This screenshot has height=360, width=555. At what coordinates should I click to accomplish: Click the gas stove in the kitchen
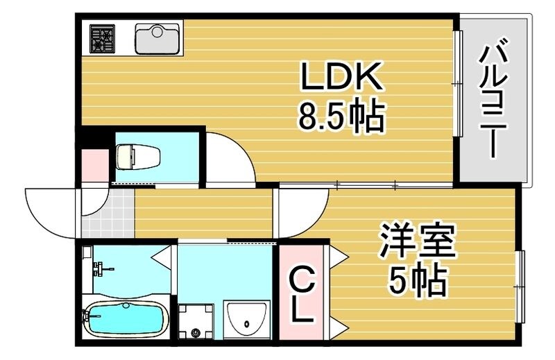click(103, 39)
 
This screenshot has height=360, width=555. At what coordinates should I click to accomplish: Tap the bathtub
click(126, 320)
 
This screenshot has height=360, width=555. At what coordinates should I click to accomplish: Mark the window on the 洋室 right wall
click(519, 284)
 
